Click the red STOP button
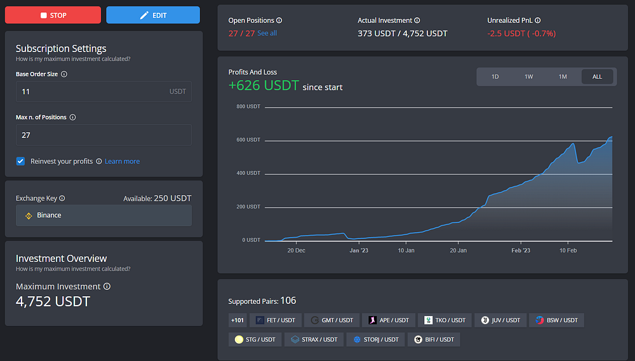click(x=53, y=15)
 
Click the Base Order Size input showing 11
click(x=104, y=92)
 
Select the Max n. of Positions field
click(x=104, y=135)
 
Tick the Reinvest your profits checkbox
click(x=21, y=161)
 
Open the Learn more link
click(x=123, y=161)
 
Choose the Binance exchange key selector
click(x=104, y=215)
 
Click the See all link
click(x=267, y=33)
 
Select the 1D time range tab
click(x=495, y=76)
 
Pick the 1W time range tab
click(x=529, y=76)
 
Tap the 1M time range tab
click(x=563, y=76)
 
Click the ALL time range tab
click(x=598, y=76)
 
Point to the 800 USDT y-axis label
click(x=248, y=107)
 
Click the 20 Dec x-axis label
click(x=297, y=250)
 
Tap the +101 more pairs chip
click(x=237, y=320)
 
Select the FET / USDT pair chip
click(x=276, y=320)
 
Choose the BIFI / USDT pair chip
click(x=434, y=339)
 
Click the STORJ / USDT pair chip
click(x=375, y=339)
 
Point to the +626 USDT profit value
click(x=264, y=86)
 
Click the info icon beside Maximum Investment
click(x=107, y=287)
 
